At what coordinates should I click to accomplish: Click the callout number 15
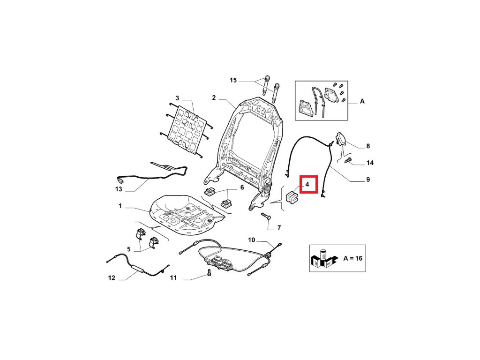[x=233, y=81]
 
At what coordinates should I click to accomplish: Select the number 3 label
[x=177, y=98]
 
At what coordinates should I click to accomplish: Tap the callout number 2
[x=213, y=98]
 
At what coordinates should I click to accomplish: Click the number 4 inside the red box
[x=307, y=185]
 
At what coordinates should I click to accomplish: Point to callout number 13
[x=119, y=189]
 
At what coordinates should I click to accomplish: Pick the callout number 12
[x=112, y=277]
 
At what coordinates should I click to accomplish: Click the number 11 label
[x=173, y=278]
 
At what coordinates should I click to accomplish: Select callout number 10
[x=252, y=240]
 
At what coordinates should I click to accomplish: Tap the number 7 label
[x=278, y=228]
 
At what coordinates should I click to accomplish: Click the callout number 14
[x=370, y=163]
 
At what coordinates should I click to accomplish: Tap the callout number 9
[x=368, y=180]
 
